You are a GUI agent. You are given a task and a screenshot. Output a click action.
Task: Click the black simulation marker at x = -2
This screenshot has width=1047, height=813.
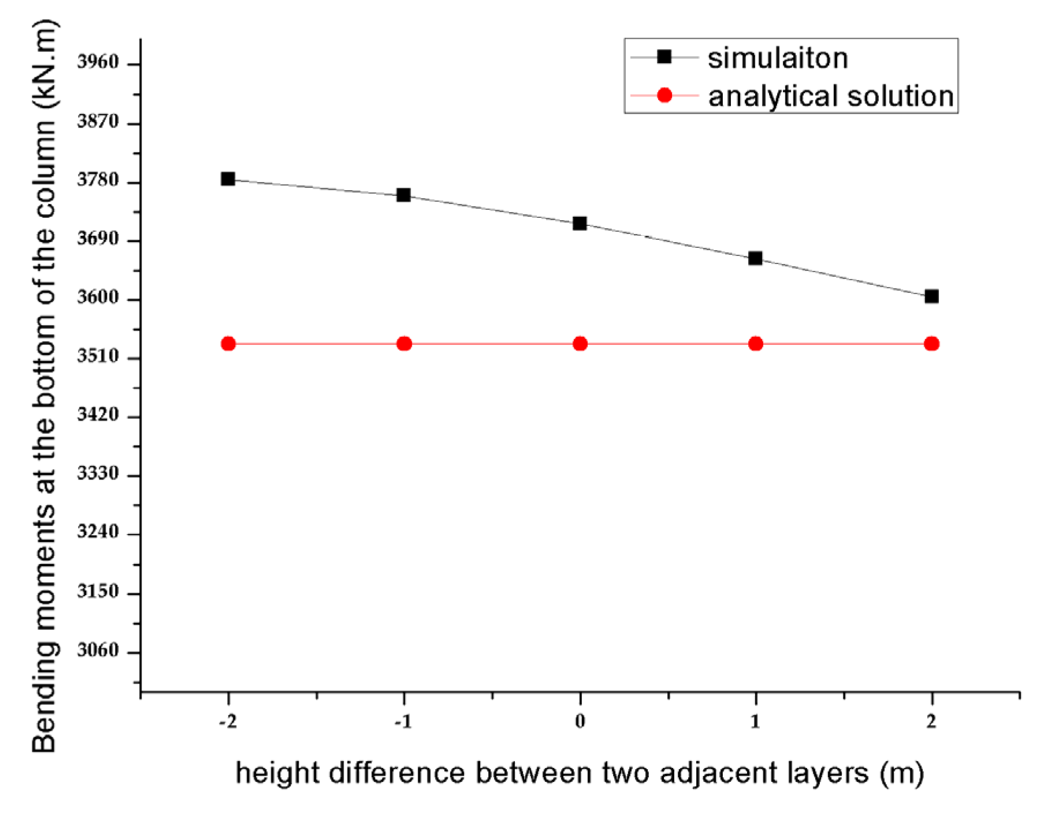click(228, 179)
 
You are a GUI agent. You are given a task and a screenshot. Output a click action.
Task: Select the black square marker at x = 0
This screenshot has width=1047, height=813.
click(580, 224)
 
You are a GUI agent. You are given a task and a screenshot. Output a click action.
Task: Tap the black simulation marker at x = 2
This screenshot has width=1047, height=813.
click(931, 296)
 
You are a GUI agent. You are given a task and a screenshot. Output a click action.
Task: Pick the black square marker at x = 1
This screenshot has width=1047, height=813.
click(755, 258)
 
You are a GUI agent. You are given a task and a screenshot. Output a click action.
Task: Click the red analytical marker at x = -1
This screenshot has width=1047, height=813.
click(404, 344)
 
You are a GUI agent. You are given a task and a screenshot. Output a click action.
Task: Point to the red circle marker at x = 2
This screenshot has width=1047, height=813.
click(931, 344)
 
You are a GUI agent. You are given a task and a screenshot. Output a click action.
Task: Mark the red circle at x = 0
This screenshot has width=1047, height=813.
click(580, 344)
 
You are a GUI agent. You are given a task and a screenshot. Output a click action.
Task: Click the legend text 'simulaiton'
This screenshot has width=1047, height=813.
click(778, 58)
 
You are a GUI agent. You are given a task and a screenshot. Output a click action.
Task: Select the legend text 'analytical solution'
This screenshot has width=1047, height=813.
click(831, 96)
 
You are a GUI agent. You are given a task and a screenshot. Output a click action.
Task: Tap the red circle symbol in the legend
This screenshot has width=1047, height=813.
click(664, 95)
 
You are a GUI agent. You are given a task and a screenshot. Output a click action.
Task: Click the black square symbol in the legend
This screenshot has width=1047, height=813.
click(664, 57)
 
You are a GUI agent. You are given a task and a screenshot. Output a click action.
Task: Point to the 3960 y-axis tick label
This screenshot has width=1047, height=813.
click(98, 62)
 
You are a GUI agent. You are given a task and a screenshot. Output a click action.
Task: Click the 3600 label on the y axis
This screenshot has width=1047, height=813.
click(98, 297)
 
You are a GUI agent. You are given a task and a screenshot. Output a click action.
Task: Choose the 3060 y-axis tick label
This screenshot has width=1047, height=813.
click(98, 650)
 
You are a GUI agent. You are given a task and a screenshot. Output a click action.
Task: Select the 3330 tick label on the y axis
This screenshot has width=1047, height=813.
click(98, 473)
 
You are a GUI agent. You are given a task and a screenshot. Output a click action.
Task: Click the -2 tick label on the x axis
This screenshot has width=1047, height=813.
click(228, 721)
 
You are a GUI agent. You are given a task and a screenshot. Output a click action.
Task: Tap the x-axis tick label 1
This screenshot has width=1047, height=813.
click(755, 721)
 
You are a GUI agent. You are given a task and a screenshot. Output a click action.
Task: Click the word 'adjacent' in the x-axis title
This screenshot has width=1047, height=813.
click(711, 773)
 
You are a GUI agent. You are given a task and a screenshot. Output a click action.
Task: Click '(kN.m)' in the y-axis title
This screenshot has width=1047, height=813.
click(44, 64)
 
